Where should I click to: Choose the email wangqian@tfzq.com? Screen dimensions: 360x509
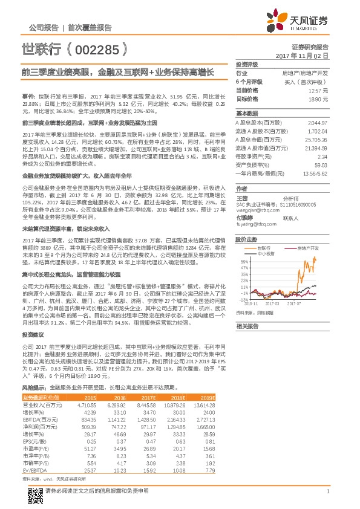tap(256, 203)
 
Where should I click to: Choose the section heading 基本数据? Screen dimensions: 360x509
tap(247, 114)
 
